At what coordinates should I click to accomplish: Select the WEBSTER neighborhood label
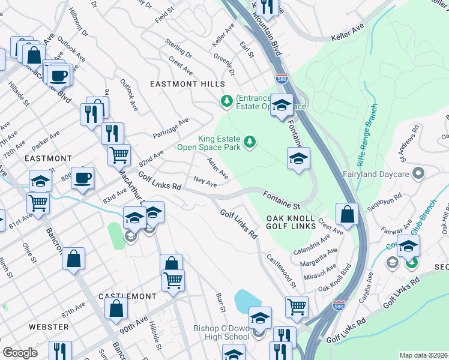coord(49,326)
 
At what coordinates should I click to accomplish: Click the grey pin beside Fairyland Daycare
coord(419,174)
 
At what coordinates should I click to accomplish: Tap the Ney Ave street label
coord(205,181)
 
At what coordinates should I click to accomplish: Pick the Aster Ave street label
coord(217,168)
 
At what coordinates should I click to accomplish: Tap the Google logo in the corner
coord(20,353)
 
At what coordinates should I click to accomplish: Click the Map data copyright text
coord(424,355)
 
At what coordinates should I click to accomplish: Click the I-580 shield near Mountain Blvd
coord(281,78)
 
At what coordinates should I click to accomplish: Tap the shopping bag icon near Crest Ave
coord(347,214)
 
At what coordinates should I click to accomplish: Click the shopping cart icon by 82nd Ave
coord(119,155)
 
